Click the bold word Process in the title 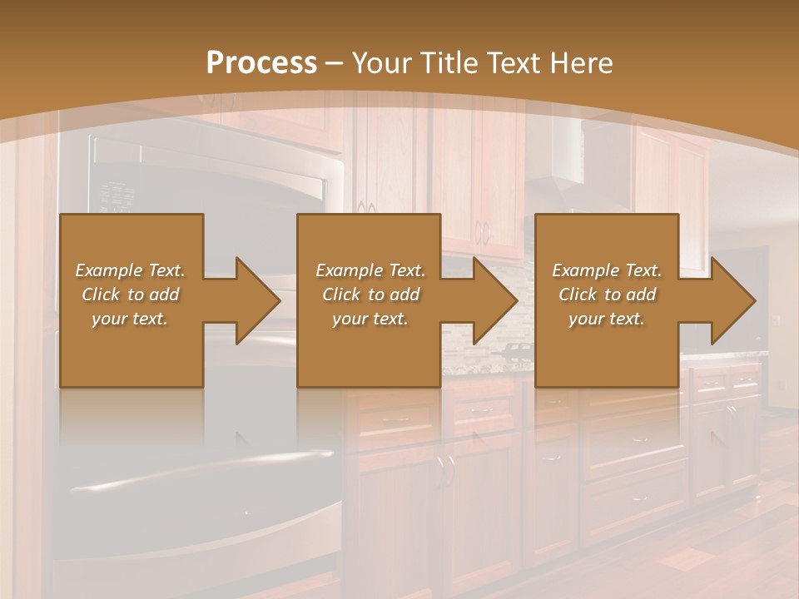point(261,63)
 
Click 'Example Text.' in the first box point(131,270)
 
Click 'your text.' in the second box point(370,319)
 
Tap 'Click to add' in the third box point(607,295)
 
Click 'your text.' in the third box point(607,319)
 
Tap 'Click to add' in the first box point(131,295)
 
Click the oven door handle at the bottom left point(200,470)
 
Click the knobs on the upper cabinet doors point(482,233)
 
